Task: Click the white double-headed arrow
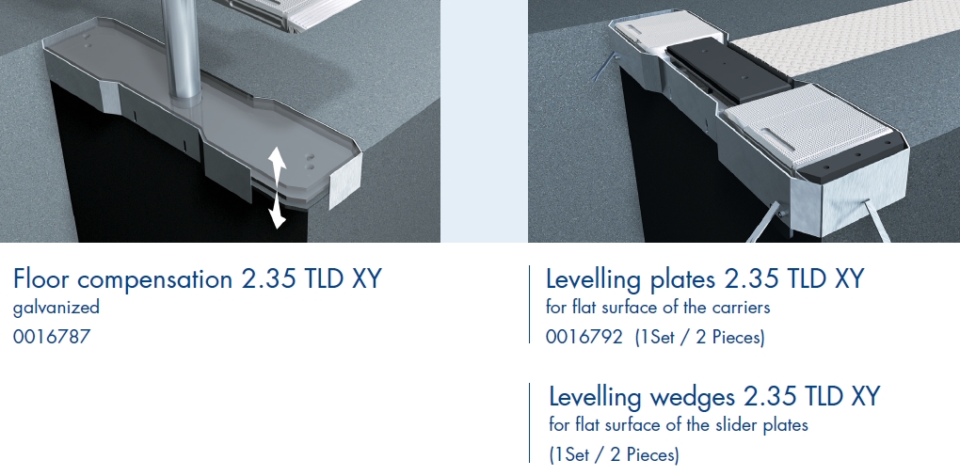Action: coord(277,187)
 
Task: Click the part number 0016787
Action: coord(52,337)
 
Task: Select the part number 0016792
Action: coord(584,337)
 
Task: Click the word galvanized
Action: coord(56,307)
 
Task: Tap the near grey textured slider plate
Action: coord(808,124)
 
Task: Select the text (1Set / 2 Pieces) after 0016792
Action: coord(699,337)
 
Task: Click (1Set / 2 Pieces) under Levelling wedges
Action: coord(614,454)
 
